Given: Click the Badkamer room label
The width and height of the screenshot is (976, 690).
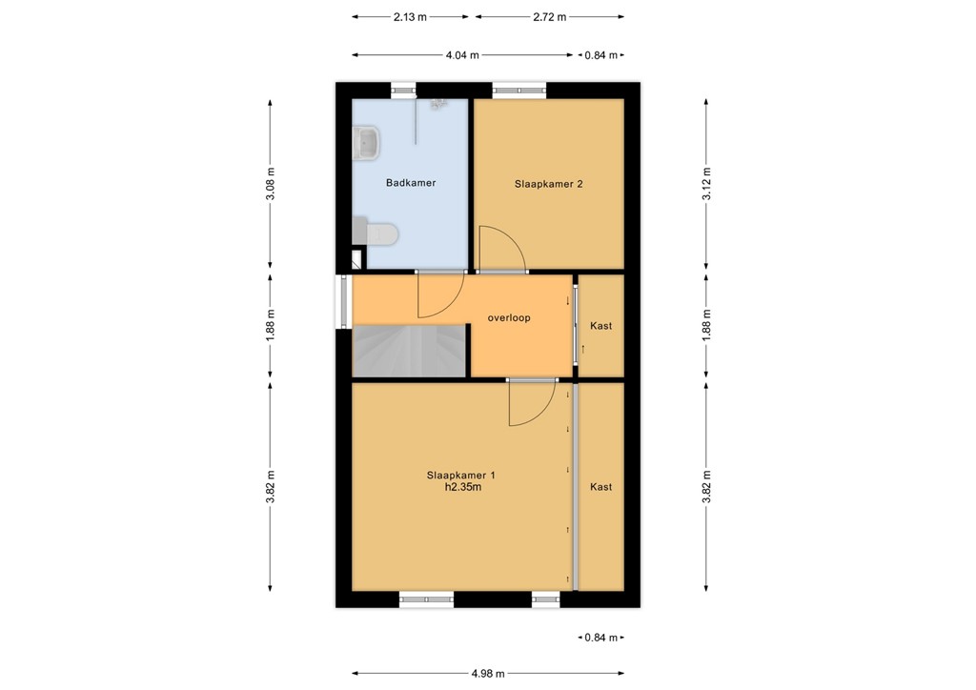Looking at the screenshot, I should pyautogui.click(x=411, y=183).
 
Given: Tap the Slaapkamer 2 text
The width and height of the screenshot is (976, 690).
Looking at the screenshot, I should pyautogui.click(x=548, y=184).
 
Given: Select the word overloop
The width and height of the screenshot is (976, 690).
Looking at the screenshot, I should pyautogui.click(x=508, y=318).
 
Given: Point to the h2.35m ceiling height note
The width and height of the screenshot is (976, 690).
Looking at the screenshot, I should pyautogui.click(x=460, y=487).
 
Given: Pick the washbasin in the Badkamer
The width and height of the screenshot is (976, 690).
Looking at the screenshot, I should pyautogui.click(x=366, y=144).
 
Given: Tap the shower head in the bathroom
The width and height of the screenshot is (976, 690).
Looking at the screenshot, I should pyautogui.click(x=437, y=104).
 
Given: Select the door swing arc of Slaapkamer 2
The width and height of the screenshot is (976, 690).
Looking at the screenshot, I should pyautogui.click(x=501, y=249).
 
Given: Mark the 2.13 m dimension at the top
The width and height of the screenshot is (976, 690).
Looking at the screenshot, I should pyautogui.click(x=411, y=17).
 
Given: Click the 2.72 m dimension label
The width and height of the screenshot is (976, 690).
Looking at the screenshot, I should pyautogui.click(x=549, y=17).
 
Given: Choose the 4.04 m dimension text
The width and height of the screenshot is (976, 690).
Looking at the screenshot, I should pyautogui.click(x=462, y=55).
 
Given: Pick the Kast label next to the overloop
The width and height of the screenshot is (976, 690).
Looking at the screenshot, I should pyautogui.click(x=600, y=326).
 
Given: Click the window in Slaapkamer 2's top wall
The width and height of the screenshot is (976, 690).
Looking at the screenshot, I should pyautogui.click(x=519, y=91).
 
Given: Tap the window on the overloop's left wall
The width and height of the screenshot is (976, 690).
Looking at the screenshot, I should pyautogui.click(x=341, y=301).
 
